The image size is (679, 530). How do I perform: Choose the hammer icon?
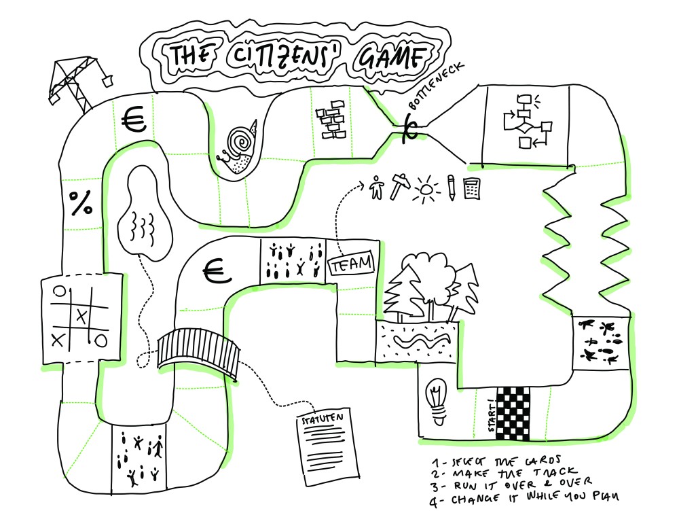pyautogui.click(x=399, y=185)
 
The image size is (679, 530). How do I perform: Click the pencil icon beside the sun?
pyautogui.click(x=450, y=186)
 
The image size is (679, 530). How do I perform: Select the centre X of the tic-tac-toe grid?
pyautogui.click(x=82, y=315)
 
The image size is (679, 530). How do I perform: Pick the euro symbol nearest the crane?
pyautogui.click(x=134, y=121)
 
